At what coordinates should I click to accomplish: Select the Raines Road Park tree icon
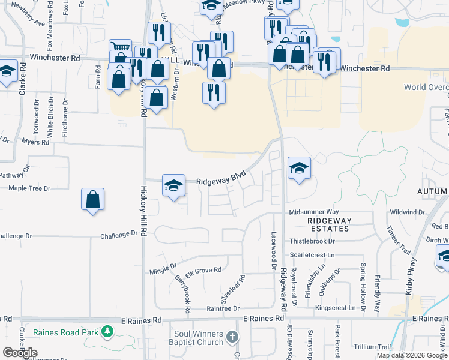pyautogui.click(x=107, y=331)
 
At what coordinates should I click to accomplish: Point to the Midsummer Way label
pyautogui.click(x=314, y=212)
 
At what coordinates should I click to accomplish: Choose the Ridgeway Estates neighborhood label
pyautogui.click(x=328, y=224)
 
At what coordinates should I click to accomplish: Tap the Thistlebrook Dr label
pyautogui.click(x=312, y=241)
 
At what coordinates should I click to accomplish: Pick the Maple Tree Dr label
pyautogui.click(x=29, y=188)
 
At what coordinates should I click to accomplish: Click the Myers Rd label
pyautogui.click(x=35, y=142)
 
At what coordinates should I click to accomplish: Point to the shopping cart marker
pyautogui.click(x=120, y=48)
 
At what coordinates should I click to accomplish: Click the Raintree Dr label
pyautogui.click(x=223, y=308)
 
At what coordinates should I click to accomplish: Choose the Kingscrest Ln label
pyautogui.click(x=335, y=308)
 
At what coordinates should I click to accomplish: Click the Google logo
pyautogui.click(x=19, y=353)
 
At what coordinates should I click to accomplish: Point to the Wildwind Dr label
pyautogui.click(x=407, y=212)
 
